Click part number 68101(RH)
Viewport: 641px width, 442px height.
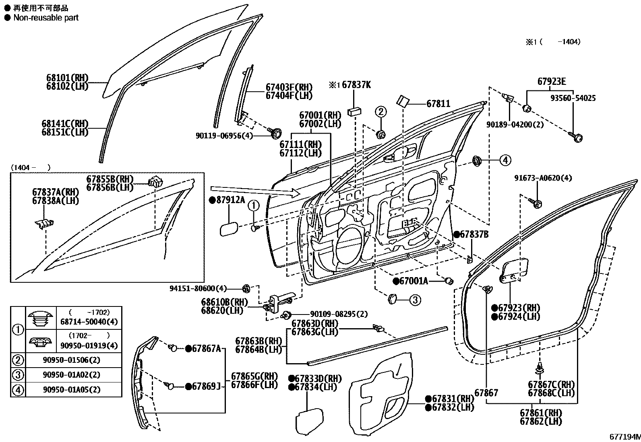[x=67, y=78]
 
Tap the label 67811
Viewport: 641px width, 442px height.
[x=438, y=104]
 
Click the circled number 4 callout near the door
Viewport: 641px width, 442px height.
[x=505, y=160]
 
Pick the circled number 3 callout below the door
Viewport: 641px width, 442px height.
[x=415, y=300]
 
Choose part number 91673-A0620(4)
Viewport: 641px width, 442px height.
[x=543, y=178]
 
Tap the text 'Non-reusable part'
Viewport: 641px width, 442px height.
[x=45, y=18]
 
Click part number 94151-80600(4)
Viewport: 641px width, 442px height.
[x=198, y=288]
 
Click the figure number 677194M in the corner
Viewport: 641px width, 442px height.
[x=624, y=437]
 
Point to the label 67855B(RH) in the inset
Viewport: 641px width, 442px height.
[x=110, y=179]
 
